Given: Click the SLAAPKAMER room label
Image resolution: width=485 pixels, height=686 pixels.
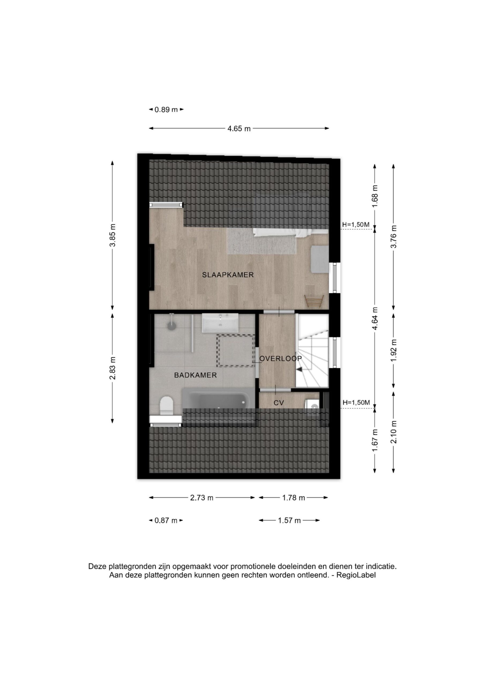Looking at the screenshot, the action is pos(228,275).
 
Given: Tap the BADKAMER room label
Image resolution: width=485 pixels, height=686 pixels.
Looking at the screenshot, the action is pos(195,375).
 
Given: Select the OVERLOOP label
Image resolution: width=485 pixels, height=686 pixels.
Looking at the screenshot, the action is pos(281,359).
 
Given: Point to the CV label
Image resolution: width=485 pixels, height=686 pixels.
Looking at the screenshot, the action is pos(278,403).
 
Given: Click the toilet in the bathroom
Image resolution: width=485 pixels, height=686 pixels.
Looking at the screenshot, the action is pos(166,406).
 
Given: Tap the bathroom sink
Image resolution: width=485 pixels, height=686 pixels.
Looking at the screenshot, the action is pos(220,323).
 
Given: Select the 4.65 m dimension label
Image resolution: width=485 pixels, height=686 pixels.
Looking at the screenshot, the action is pos(239,129).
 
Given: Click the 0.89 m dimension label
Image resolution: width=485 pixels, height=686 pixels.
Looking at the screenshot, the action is pos(166,110).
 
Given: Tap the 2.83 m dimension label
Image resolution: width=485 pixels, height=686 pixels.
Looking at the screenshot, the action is pos(113,368).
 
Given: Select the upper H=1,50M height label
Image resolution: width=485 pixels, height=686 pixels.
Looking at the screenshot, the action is pos(356,225).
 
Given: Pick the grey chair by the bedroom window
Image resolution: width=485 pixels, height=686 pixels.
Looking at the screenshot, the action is pos(319,259).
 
